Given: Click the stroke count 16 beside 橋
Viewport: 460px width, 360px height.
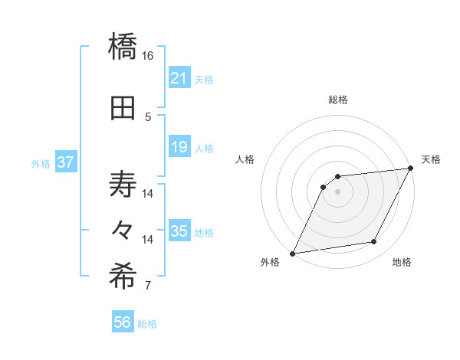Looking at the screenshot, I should coord(148,56).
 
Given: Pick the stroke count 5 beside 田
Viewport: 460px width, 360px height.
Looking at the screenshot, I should coord(148,117).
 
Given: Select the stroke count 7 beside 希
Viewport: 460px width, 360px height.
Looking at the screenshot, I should coord(148,286).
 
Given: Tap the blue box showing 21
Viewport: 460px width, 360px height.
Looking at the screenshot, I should coord(179,78).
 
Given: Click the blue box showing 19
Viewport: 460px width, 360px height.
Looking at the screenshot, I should coord(179,147).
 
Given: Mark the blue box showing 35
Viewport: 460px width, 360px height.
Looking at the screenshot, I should coord(179,231).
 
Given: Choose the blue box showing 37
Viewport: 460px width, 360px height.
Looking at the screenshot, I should coord(66,162).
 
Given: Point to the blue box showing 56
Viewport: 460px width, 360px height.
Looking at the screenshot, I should coord(123,322).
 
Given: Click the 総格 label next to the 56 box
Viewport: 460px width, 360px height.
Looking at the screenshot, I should coord(147,324).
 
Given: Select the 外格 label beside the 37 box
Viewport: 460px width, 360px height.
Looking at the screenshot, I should coord(41,163).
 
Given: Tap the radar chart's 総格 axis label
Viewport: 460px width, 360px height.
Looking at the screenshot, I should coord(337,100).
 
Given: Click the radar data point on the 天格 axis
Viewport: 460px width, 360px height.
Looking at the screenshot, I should coord(412,169).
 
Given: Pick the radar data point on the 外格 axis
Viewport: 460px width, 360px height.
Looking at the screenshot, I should coord(292,253).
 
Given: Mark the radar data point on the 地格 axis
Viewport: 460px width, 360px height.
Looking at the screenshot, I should coord(374,242).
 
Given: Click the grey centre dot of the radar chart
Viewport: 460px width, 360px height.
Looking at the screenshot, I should coord(337,191).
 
